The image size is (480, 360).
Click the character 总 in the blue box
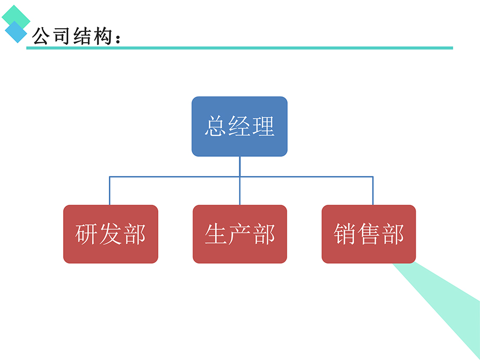tap(215, 127)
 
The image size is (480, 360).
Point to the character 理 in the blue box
tap(263, 127)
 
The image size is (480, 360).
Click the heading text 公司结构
tap(73, 36)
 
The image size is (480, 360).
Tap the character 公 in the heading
tap(42, 36)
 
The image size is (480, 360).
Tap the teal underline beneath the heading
tap(261, 48)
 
